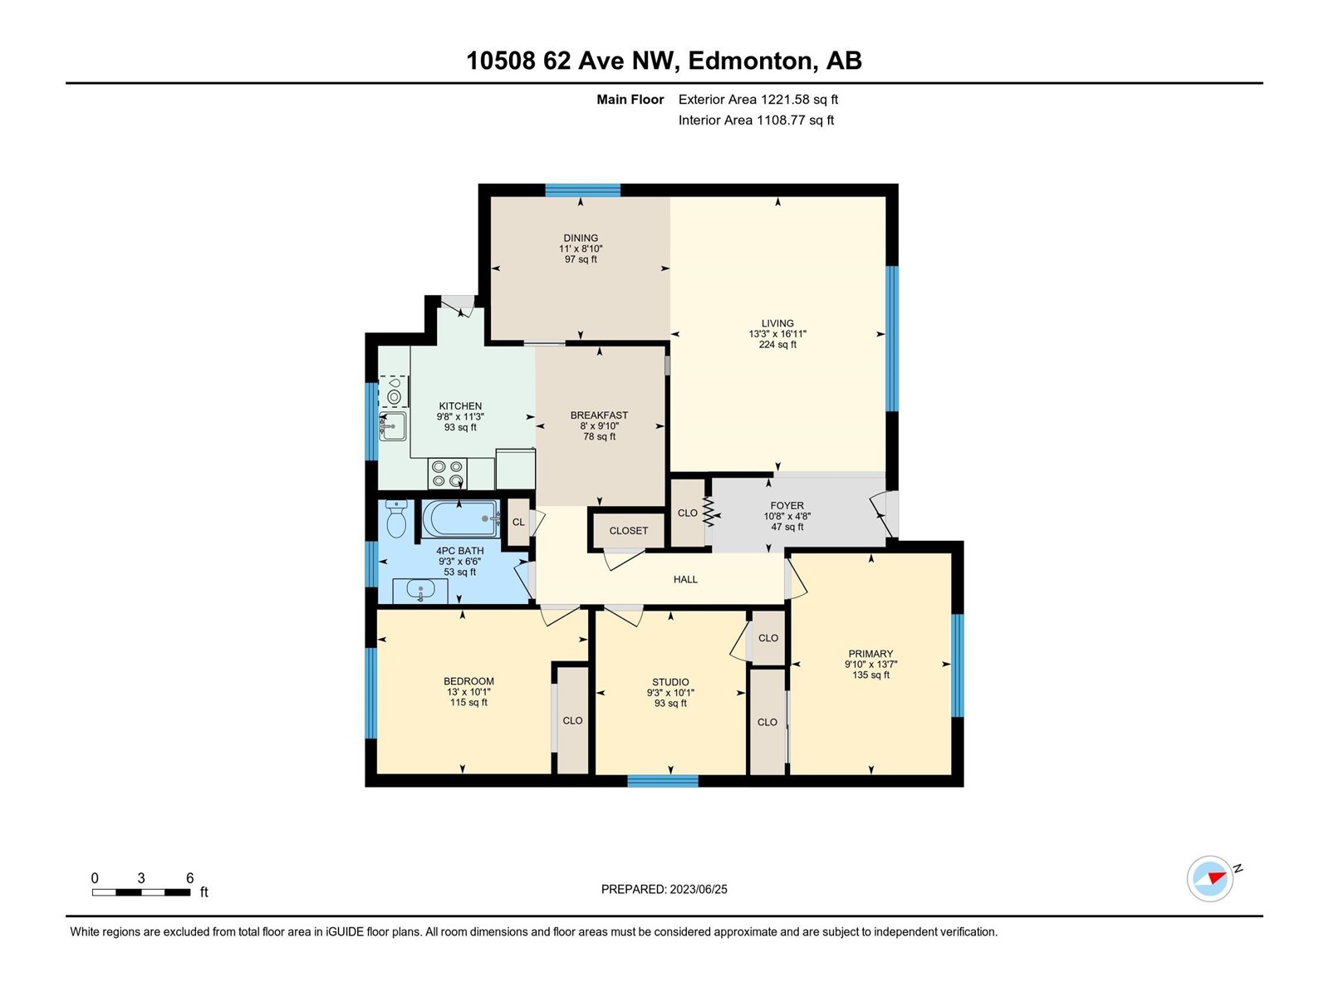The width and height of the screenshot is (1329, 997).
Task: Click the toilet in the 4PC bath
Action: coord(395,518)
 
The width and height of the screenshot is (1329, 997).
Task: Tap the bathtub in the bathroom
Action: coord(461,518)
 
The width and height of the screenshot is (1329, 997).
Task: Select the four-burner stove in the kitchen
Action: coord(448,474)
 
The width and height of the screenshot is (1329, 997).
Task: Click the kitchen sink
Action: coord(392,427)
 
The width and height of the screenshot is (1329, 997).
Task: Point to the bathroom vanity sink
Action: coord(420,591)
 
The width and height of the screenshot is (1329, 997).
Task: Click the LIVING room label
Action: coord(777,323)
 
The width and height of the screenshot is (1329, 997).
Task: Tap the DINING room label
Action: coord(581,238)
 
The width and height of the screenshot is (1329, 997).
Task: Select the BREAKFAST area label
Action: coord(599,415)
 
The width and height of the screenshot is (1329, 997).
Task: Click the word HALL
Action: coord(685,579)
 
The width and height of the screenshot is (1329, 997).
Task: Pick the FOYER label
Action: coord(787,505)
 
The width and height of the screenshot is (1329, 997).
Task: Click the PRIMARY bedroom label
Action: coord(870,653)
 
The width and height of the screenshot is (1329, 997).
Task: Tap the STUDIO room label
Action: coord(670,681)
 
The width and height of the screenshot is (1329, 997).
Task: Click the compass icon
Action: coord(1209,878)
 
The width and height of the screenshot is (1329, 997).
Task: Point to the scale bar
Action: coord(141,891)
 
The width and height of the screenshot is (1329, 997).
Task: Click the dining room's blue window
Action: coord(582,190)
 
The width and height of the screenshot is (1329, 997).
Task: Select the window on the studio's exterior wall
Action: coord(662,781)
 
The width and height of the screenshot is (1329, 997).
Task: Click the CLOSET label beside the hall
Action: coord(629,531)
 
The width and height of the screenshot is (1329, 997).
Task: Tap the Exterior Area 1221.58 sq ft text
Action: coord(758,99)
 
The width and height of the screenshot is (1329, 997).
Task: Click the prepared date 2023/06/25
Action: coord(698,889)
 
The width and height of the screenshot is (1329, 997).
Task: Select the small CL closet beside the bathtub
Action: coord(518,523)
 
